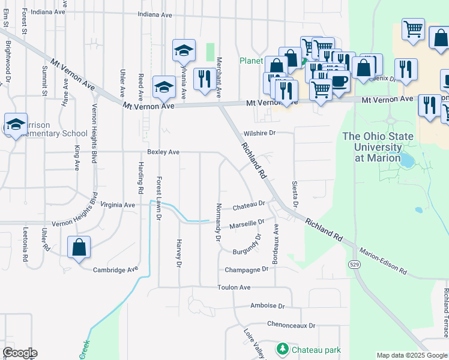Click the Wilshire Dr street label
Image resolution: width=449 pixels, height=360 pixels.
point(259,133)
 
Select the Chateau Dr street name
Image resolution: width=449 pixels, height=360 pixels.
point(249,204)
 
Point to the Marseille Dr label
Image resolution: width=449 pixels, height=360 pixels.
point(247,224)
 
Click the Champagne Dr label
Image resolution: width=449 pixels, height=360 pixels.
point(246,270)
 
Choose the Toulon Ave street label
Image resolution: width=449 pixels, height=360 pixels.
point(234,287)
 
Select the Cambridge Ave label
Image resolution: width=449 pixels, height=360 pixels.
point(115,270)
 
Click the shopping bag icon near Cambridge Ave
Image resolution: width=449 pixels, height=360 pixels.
point(79,247)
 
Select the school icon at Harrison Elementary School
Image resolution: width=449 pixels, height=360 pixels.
point(16,124)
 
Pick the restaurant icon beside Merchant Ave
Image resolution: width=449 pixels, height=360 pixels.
point(205,79)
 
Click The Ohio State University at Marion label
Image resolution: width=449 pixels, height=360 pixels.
point(378,147)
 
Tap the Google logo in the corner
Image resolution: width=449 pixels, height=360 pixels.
point(20,353)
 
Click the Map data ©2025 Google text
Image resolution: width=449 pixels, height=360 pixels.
point(411,355)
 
